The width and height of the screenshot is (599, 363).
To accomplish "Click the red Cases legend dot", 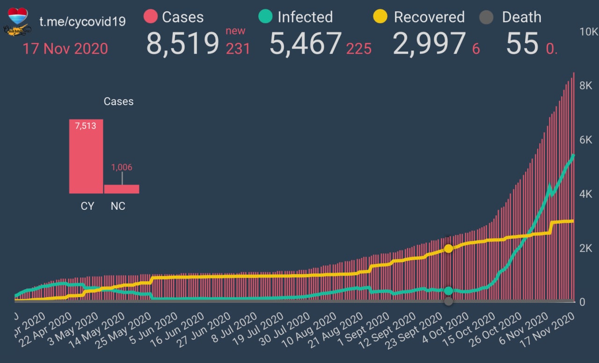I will pos(151,17).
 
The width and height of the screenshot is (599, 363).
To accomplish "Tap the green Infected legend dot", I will pos(265,17).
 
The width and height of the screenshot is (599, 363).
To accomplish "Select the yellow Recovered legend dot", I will pos(380,17).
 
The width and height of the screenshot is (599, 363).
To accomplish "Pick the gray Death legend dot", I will pos(487,17).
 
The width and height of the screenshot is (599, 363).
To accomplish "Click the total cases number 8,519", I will pos(183,43).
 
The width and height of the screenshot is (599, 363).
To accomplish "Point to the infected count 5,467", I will pos(305,43).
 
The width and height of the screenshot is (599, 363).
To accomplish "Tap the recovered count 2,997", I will pos(429,43).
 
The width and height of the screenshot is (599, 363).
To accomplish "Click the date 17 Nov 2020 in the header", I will pos(65,49).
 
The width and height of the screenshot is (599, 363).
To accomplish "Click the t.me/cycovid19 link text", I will pos(82,21).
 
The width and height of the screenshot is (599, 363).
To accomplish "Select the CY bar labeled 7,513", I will pos(86,157).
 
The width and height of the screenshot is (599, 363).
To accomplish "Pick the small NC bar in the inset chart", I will pos(122,189).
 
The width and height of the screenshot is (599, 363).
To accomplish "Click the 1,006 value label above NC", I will pos(122,167).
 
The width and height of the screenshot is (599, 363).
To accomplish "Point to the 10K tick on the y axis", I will pos(588,32).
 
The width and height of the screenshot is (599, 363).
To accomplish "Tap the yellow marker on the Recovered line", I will pos(448,249).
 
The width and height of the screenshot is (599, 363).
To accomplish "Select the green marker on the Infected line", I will pos(448,291).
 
